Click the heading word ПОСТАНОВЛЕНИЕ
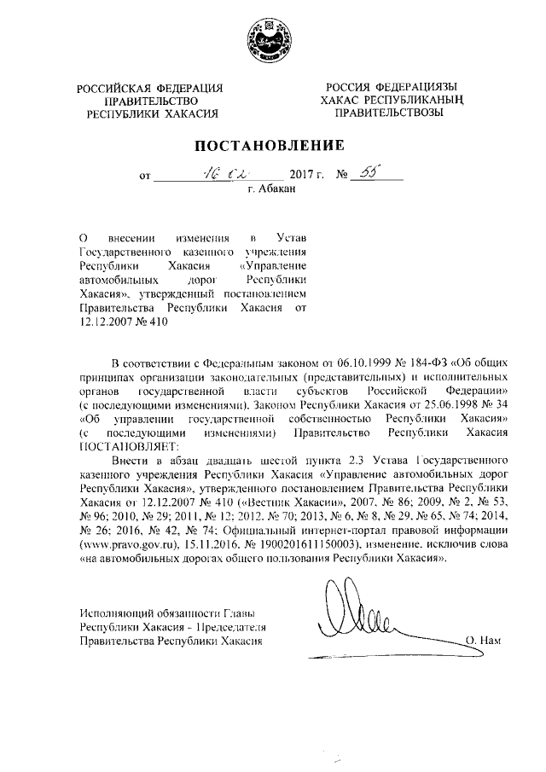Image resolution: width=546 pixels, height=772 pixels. [272, 145]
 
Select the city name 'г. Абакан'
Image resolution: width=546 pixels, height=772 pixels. [272, 190]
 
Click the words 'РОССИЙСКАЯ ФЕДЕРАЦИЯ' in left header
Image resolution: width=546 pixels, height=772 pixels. [149, 88]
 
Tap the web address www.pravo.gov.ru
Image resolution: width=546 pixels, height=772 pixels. [126, 543]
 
